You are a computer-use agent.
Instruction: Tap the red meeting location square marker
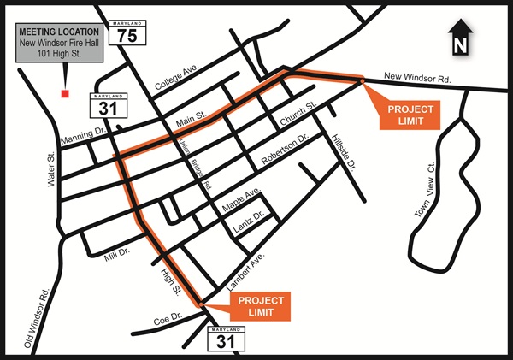click(63, 91)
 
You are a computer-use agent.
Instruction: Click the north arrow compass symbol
click(460, 38)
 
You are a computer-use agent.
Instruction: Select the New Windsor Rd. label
click(416, 77)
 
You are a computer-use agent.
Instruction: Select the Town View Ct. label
click(424, 190)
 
